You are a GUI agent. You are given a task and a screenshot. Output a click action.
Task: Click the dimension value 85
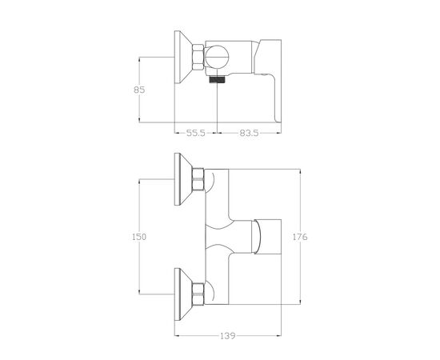click(139, 90)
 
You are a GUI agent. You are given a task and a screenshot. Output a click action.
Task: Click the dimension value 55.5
click(196, 133)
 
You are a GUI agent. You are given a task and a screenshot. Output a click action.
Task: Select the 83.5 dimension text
click(249, 133)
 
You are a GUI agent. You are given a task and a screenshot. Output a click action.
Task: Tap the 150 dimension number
click(139, 237)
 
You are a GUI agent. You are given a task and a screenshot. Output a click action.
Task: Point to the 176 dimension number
click(300, 237)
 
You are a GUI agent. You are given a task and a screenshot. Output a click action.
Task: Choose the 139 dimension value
click(227, 336)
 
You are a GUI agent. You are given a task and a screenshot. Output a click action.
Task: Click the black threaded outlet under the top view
click(218, 80)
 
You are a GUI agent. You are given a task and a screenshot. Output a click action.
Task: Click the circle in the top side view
click(216, 58)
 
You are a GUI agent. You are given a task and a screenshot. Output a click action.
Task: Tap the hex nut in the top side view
click(198, 57)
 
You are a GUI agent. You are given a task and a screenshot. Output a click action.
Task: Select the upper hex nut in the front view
click(198, 179)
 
